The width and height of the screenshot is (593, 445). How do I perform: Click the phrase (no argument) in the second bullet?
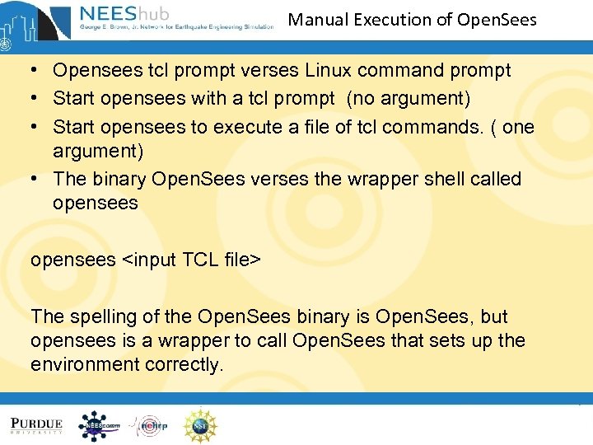pyautogui.click(x=409, y=99)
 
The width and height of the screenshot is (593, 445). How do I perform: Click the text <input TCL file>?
pyautogui.click(x=192, y=260)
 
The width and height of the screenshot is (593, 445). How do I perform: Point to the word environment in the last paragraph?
pyautogui.click(x=84, y=364)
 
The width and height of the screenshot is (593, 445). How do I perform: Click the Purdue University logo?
pyautogui.click(x=36, y=425)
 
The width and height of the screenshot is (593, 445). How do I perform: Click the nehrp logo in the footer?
pyautogui.click(x=149, y=425)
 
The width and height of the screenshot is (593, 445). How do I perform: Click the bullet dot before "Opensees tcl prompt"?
pyautogui.click(x=36, y=72)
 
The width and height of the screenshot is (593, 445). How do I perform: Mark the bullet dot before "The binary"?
pyautogui.click(x=36, y=180)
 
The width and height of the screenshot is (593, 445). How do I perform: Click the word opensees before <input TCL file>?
pyautogui.click(x=73, y=260)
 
